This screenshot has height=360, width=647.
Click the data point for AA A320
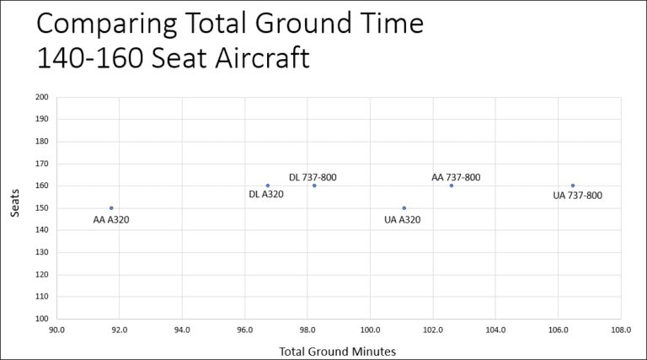[111, 207]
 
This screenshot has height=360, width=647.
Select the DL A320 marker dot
[268, 185]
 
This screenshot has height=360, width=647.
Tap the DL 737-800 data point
[314, 185]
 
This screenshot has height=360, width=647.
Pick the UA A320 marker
[404, 207]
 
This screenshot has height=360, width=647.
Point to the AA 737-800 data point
[452, 185]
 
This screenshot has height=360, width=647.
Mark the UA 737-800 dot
[573, 185]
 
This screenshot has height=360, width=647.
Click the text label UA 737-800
[577, 196]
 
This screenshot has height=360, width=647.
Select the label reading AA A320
[110, 220]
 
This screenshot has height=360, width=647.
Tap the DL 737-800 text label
[313, 177]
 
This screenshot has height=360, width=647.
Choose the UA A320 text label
[402, 220]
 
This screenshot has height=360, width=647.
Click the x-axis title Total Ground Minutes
[337, 351]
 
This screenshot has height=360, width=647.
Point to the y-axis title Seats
[16, 207]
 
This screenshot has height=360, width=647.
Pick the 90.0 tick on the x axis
[56, 330]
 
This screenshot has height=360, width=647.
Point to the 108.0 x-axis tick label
[621, 330]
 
